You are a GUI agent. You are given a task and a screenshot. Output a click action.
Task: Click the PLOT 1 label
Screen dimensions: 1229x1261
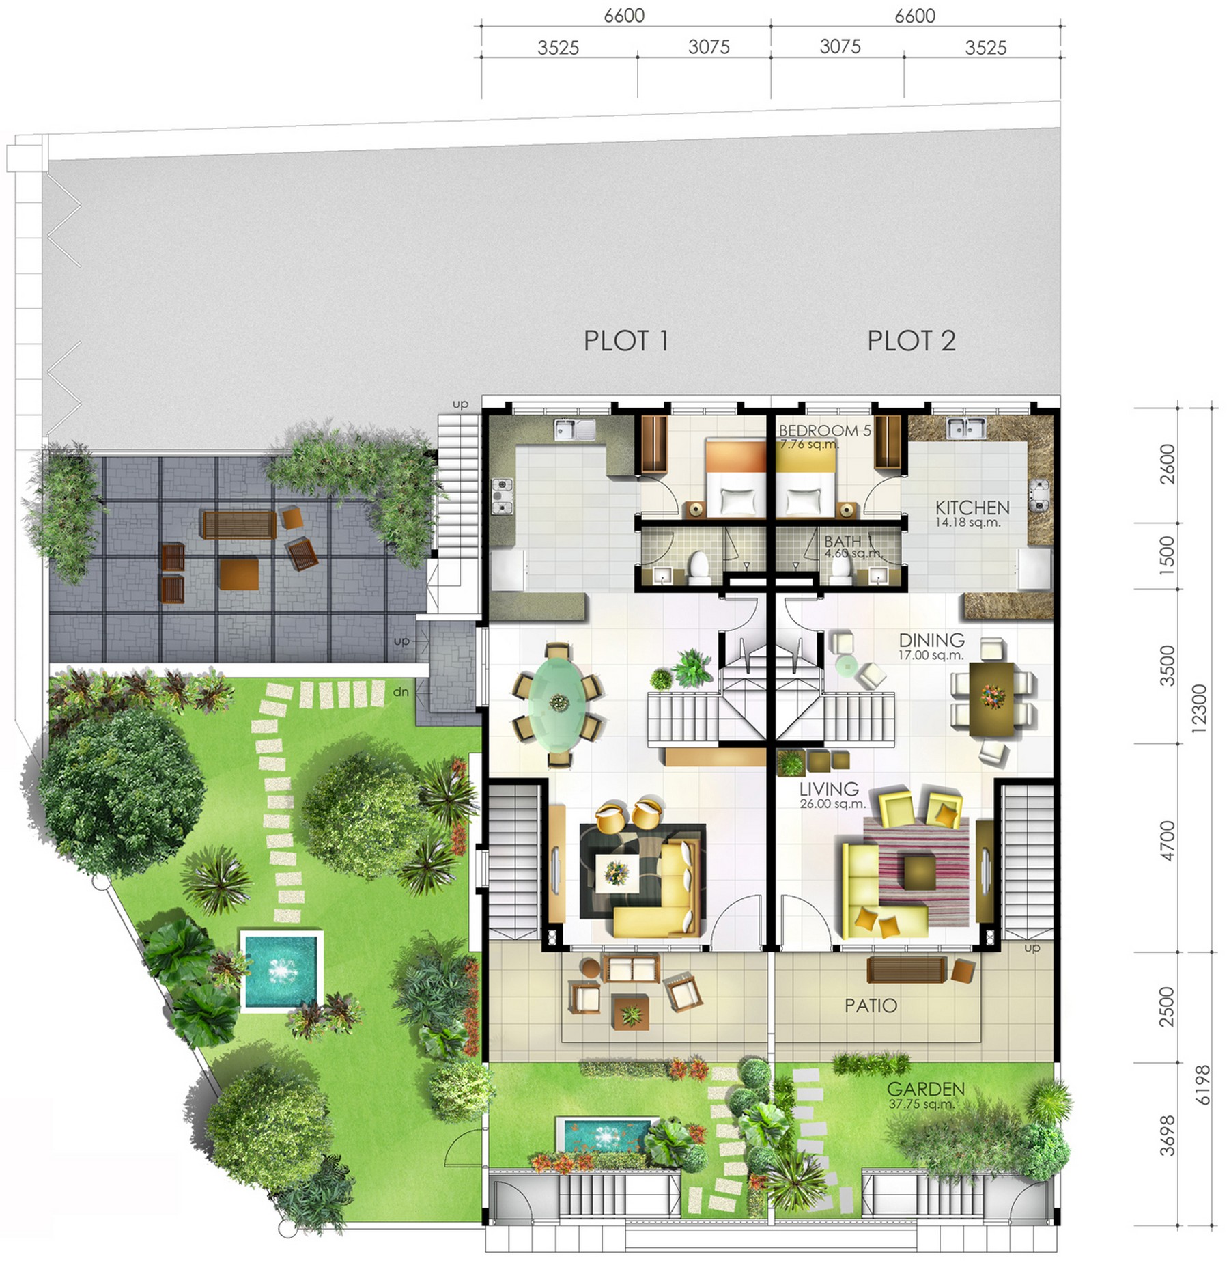click(625, 341)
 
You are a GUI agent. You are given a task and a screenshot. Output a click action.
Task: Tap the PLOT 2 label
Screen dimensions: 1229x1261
click(911, 341)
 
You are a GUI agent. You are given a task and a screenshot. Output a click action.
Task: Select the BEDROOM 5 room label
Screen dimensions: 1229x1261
click(825, 431)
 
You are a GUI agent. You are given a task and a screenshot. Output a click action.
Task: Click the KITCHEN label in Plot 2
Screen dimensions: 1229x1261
click(972, 508)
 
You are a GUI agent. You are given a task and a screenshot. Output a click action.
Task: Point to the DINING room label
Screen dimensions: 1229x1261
click(931, 640)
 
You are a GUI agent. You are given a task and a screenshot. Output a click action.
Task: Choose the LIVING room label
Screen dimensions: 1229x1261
click(829, 789)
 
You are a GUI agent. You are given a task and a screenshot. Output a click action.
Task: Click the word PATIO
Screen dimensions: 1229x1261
click(871, 1005)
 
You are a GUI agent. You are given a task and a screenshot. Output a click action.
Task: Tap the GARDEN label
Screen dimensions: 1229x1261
click(926, 1088)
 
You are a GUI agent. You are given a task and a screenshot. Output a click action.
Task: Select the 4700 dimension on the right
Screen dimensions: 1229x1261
click(1168, 841)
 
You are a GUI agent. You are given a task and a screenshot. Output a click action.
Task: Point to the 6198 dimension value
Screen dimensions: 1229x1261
click(1202, 1085)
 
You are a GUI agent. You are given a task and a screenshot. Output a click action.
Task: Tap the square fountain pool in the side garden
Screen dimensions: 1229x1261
click(281, 971)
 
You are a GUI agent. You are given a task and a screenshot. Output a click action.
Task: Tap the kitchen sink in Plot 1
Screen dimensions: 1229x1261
click(574, 430)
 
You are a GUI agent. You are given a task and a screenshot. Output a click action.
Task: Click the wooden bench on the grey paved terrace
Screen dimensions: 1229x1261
click(239, 525)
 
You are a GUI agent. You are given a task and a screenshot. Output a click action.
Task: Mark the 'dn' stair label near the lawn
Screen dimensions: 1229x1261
click(401, 692)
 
